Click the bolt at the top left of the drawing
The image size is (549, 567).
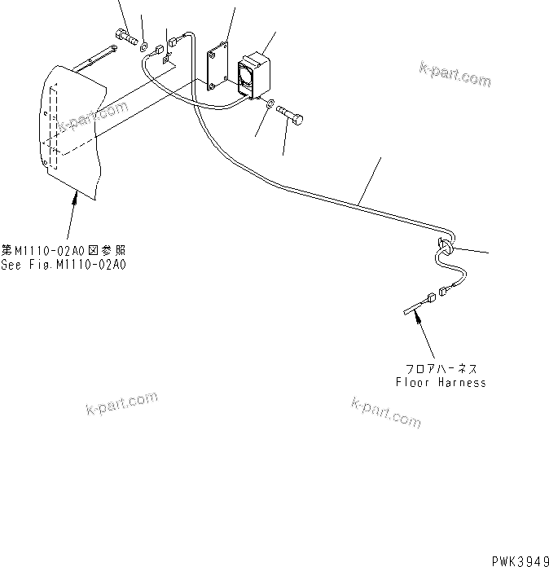[x=126, y=36]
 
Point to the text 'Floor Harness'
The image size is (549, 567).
[x=441, y=382]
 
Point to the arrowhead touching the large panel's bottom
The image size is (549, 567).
[x=77, y=196]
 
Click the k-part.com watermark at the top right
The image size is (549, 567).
[x=455, y=74]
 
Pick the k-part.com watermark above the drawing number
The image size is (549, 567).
[x=386, y=411]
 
